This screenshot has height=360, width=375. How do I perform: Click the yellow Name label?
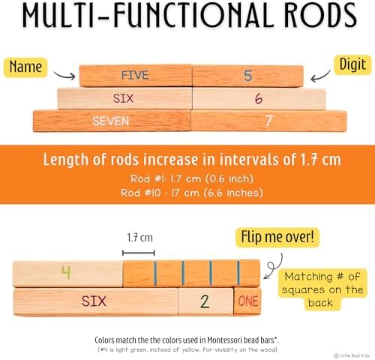point(25,67)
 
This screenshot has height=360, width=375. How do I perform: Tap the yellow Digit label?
point(352,64)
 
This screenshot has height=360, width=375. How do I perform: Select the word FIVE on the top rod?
point(135,75)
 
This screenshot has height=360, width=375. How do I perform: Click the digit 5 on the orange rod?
point(247,76)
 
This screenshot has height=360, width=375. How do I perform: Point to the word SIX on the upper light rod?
point(123,98)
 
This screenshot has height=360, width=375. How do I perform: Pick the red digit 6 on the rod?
point(259,98)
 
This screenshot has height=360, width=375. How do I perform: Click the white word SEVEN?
point(111,121)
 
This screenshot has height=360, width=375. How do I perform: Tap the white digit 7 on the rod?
point(268,121)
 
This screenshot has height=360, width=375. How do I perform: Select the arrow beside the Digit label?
point(320,76)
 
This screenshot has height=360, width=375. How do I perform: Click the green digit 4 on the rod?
point(66,272)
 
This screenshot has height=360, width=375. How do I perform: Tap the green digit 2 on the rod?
point(205,301)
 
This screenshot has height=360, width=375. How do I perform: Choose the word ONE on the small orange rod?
point(248,301)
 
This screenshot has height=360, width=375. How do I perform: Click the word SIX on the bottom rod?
point(94,301)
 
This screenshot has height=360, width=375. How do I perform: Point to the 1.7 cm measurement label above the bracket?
point(139,238)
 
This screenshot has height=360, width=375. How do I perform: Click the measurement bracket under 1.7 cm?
point(139,253)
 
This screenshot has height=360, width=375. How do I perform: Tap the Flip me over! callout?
point(277,237)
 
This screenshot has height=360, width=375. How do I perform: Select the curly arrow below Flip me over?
point(274,266)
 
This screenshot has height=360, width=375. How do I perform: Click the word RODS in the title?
point(320,16)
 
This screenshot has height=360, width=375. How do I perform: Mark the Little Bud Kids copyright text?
point(352,355)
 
